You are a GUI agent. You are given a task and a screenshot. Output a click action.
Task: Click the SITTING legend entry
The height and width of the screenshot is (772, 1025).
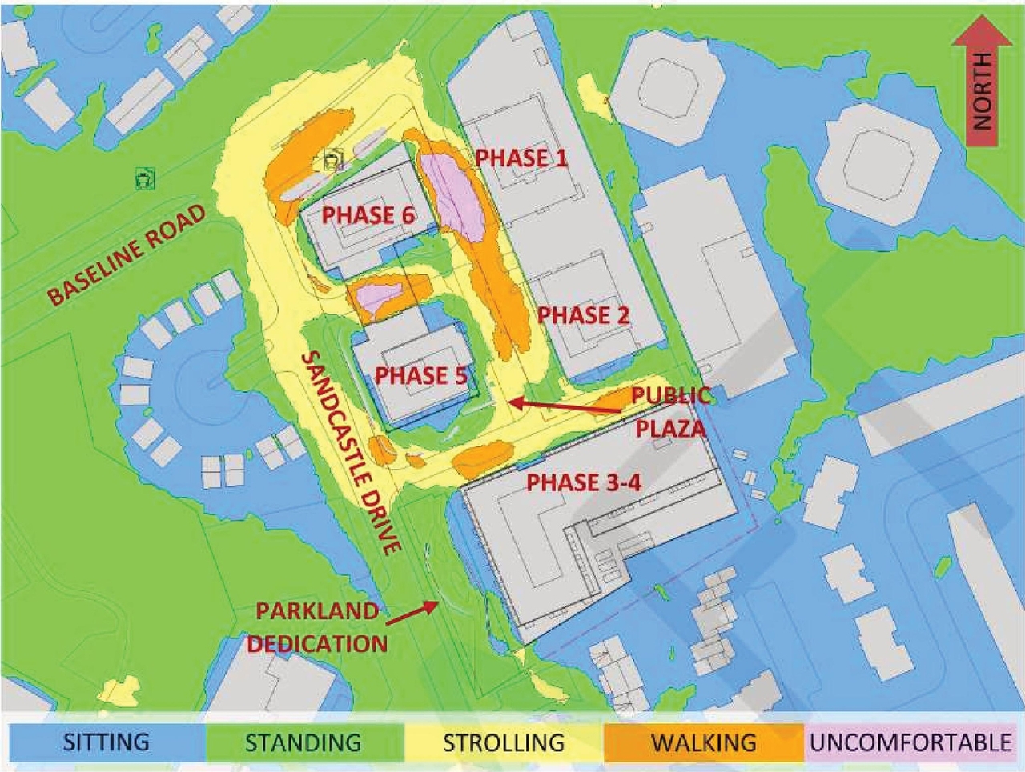(x=106, y=742)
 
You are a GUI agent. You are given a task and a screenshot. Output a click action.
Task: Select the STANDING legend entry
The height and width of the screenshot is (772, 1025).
(x=303, y=742)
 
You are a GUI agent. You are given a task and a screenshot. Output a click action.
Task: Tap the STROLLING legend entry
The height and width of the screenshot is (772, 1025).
(x=503, y=742)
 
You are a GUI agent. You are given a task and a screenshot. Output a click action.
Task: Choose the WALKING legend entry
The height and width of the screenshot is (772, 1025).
(x=703, y=742)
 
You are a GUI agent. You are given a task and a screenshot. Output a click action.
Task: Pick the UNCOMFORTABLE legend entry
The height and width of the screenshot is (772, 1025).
(x=910, y=742)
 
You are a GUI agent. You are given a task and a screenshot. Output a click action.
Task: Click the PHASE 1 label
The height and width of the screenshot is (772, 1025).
(x=521, y=158)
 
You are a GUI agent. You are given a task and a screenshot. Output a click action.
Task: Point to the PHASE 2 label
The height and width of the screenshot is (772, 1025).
(x=583, y=314)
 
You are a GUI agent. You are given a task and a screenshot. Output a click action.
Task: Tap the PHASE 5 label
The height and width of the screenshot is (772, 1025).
(x=420, y=374)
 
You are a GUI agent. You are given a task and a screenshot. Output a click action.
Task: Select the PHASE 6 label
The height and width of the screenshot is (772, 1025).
(x=369, y=214)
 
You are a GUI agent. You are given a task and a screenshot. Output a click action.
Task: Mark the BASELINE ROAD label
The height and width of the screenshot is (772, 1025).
(x=126, y=254)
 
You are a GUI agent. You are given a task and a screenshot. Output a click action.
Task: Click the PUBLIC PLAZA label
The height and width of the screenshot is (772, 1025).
(x=671, y=411)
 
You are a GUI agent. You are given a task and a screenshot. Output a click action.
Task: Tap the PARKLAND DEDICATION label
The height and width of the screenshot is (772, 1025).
(x=317, y=626)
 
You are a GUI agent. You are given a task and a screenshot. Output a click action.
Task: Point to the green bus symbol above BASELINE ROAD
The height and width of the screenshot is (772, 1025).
(x=144, y=179)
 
